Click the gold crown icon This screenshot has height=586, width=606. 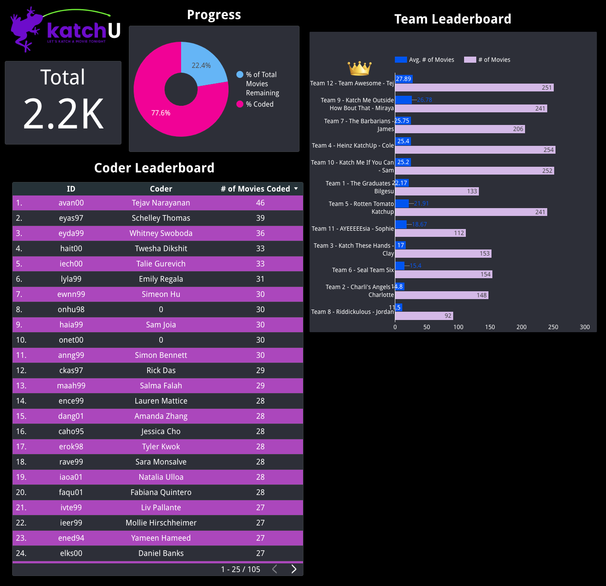(x=359, y=68)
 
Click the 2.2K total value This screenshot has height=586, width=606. (x=64, y=114)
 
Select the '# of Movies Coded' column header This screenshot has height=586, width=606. (x=255, y=189)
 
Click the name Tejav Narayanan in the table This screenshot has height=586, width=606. (x=161, y=203)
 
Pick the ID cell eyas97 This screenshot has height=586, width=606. (x=71, y=218)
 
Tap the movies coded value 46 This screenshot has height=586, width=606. (x=260, y=203)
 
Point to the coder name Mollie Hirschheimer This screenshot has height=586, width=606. (x=161, y=523)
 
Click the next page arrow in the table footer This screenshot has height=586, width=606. (x=294, y=569)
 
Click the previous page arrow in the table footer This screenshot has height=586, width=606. (x=275, y=569)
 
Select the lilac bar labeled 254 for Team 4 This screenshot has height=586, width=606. (x=475, y=150)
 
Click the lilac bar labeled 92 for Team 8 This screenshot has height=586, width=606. (x=424, y=316)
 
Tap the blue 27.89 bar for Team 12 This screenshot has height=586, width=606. (x=404, y=79)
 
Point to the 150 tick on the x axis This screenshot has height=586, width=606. (x=490, y=327)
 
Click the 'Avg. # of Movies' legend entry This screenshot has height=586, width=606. (x=425, y=60)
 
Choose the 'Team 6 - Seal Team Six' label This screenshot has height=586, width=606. (x=363, y=270)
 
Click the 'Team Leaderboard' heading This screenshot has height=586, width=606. (x=452, y=19)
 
